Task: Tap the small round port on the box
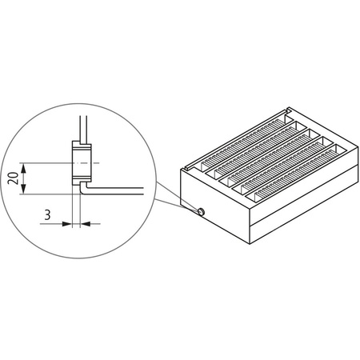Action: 201,211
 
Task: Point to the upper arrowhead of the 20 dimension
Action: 26,167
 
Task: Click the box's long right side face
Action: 304,208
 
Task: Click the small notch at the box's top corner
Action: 186,168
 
